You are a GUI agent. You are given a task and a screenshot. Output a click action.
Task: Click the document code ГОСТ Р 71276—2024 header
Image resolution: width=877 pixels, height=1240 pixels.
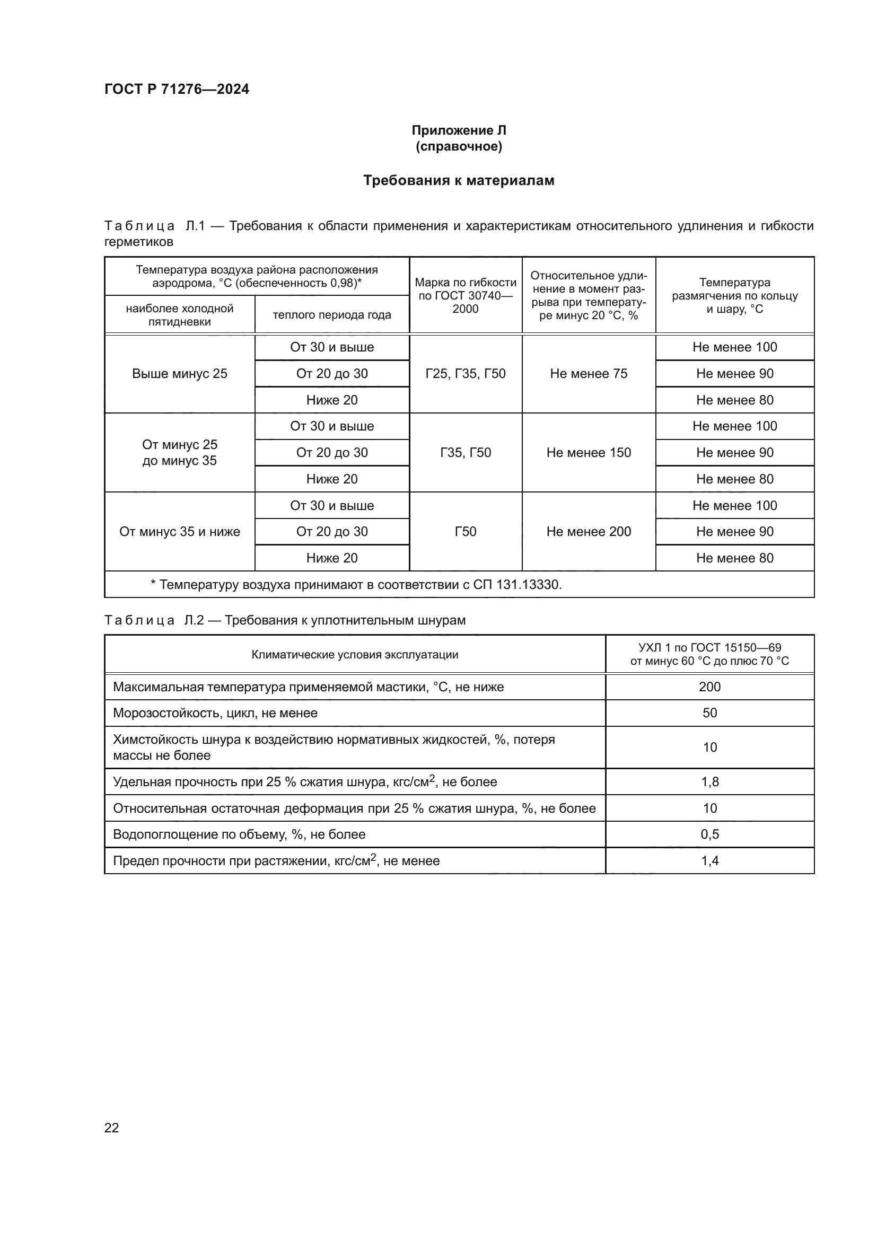[177, 89]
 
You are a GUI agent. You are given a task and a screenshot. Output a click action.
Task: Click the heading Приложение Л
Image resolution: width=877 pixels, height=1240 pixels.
[459, 130]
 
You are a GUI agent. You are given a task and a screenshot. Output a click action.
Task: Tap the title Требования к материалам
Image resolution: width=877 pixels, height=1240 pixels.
[459, 180]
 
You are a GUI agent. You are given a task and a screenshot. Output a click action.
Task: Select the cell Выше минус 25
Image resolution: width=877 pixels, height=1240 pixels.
[179, 374]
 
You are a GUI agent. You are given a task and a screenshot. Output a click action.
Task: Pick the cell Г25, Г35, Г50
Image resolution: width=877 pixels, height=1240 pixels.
[466, 374]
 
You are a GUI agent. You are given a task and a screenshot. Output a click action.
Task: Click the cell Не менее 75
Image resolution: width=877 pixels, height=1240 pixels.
[589, 374]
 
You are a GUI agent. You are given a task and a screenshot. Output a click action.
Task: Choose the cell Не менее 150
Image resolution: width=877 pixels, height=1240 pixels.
[589, 453]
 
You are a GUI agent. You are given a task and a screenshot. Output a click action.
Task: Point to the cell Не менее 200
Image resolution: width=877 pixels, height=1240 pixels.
[589, 531]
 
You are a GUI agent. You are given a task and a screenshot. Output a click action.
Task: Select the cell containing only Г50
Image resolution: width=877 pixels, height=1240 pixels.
[466, 531]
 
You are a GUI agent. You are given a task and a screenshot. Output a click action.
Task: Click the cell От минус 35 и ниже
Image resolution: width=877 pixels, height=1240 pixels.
[179, 531]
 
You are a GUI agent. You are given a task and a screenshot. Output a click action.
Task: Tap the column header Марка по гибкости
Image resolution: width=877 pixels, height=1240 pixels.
[466, 295]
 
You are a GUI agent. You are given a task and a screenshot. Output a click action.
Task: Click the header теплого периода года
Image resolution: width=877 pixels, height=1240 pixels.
[331, 315]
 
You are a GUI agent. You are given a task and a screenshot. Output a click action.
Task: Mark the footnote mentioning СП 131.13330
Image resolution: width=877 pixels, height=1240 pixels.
[356, 584]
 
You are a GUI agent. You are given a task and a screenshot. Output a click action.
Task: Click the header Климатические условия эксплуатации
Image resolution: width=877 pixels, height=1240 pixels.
[355, 655]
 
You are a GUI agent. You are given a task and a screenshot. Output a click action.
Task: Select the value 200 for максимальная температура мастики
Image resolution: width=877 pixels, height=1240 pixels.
[709, 687]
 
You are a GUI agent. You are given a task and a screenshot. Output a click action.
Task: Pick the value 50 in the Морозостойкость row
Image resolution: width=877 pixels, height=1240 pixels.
[709, 713]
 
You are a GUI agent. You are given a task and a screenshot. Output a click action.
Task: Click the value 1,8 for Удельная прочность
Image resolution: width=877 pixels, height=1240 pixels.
[709, 782]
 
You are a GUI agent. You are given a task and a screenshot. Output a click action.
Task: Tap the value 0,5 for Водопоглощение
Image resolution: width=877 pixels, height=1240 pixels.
[709, 834]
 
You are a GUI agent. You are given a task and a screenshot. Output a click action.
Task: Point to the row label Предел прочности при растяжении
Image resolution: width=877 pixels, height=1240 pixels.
[276, 861]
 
